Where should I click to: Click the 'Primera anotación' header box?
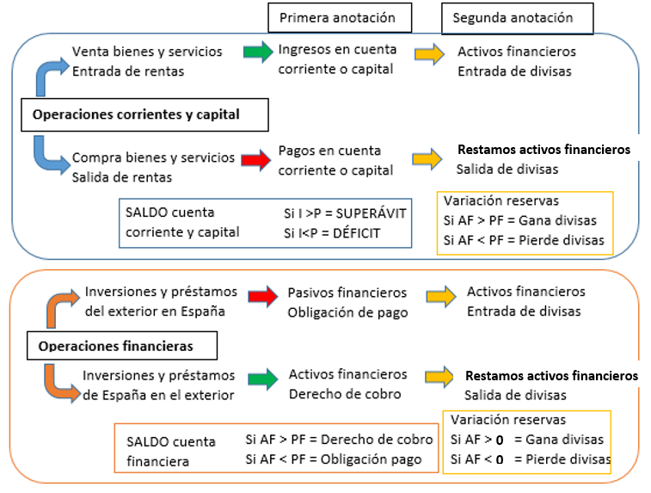(340, 18)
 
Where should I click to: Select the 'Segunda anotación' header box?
(518, 18)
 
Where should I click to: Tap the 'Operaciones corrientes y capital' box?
(144, 115)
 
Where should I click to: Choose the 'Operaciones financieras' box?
(122, 346)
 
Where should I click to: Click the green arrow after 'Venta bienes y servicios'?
(258, 52)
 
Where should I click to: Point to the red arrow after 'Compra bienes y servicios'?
(256, 160)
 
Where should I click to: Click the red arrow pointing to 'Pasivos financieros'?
(263, 297)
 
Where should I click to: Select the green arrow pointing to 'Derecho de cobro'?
(263, 379)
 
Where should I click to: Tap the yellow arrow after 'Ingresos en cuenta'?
(430, 54)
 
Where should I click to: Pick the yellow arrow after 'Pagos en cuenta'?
(427, 158)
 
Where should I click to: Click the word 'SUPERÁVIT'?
(371, 213)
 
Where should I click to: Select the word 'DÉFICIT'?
(356, 233)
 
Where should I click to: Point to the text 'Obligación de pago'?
(348, 312)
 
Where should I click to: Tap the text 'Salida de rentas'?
(122, 177)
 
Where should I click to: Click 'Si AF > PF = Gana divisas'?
(519, 220)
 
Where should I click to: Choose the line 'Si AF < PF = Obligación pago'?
(334, 459)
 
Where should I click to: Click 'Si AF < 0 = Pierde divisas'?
(531, 459)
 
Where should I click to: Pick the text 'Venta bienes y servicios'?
(147, 52)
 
